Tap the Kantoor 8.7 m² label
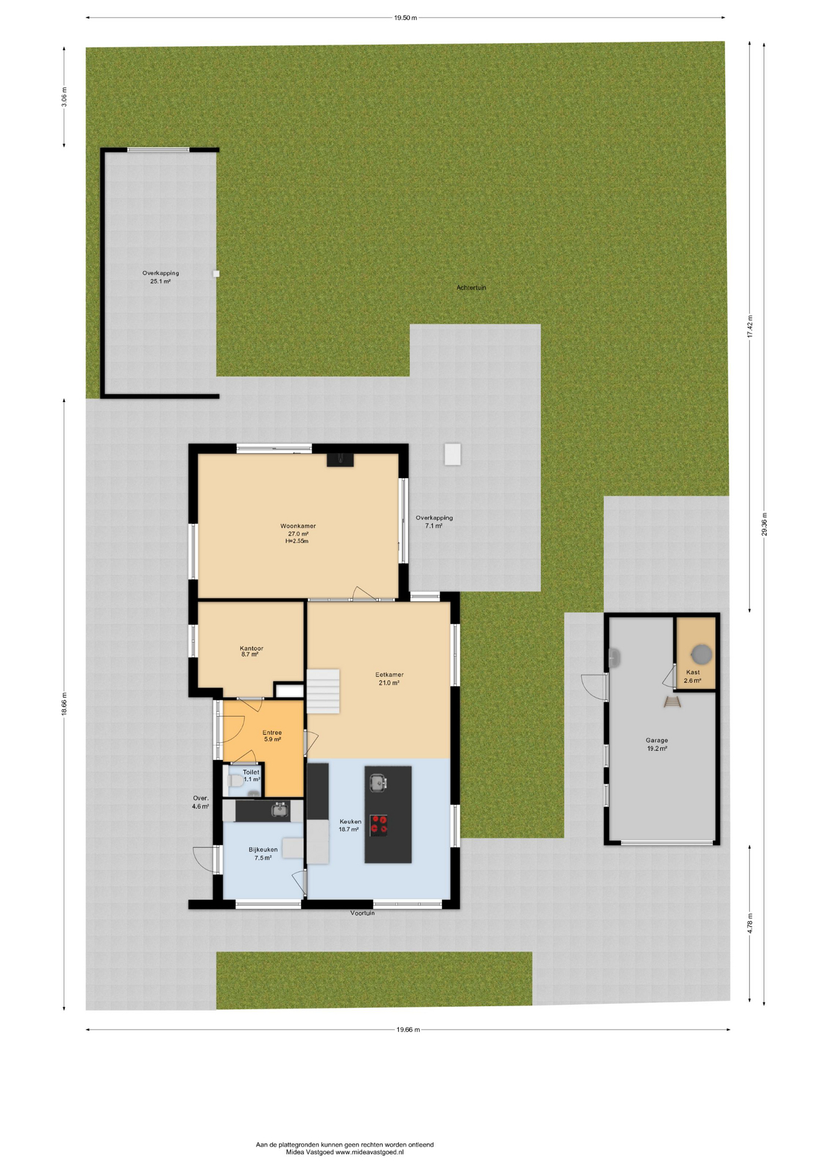(x=251, y=651)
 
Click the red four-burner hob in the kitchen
(x=379, y=825)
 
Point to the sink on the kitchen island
(x=378, y=782)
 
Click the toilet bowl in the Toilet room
(x=234, y=781)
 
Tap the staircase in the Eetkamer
(x=323, y=691)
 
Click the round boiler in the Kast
(x=702, y=654)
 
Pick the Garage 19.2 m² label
(x=657, y=744)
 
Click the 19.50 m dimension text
(x=405, y=18)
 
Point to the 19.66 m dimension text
(x=408, y=1030)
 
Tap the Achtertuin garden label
(x=471, y=287)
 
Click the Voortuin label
(x=362, y=913)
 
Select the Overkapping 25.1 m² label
(x=160, y=278)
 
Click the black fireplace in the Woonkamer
(x=340, y=460)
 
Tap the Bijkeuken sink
(x=280, y=809)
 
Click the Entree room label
(x=272, y=736)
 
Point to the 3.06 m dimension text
(x=64, y=97)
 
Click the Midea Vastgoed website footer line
(x=344, y=1152)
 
